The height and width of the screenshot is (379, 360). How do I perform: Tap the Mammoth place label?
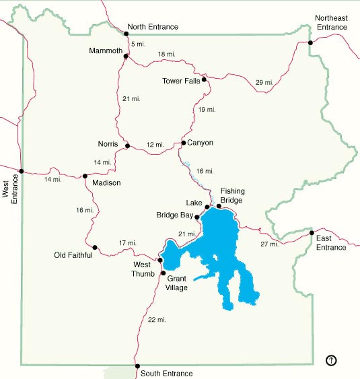point(106,50)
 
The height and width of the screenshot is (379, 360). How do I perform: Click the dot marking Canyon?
point(183,143)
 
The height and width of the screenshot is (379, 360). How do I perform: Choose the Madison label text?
point(106,183)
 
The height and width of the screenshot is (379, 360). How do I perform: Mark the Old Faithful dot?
point(95,248)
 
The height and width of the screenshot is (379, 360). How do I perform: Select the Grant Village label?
point(177,283)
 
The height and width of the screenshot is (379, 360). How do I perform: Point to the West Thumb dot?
point(160,261)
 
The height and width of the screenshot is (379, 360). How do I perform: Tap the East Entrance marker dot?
point(312,234)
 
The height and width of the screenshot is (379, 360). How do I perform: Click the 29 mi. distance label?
point(264,82)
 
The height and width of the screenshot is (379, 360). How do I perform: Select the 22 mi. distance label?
point(156,319)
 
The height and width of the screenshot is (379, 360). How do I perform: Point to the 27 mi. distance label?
point(268,244)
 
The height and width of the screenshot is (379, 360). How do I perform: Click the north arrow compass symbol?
point(331,360)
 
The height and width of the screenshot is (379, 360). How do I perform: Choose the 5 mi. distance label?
point(139,44)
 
